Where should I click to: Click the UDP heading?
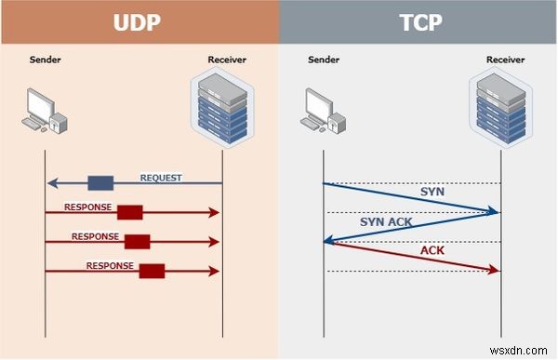coord(139,21)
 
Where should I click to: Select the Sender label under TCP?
coord(322,61)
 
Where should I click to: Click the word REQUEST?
coord(161,177)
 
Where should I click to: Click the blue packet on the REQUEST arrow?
coord(100,182)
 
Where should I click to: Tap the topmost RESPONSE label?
coord(87,207)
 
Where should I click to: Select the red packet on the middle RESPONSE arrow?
coord(138,242)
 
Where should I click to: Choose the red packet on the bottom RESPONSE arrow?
coord(152,271)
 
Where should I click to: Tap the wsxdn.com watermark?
coord(525,350)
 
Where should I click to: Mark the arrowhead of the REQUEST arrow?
coord(50,182)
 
